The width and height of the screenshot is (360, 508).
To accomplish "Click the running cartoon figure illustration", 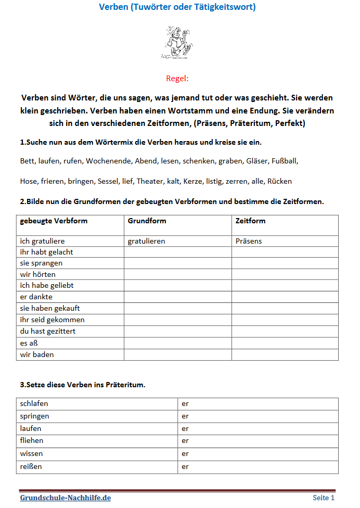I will pyautogui.click(x=177, y=42).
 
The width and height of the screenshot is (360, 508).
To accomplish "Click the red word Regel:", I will pyautogui.click(x=177, y=79).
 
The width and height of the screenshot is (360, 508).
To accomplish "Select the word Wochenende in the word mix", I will pyautogui.click(x=108, y=161).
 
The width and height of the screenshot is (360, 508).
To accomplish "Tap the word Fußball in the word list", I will pyautogui.click(x=285, y=161).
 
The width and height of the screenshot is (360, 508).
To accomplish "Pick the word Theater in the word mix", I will pyautogui.click(x=150, y=181).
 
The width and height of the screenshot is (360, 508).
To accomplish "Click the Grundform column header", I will pyautogui.click(x=147, y=221).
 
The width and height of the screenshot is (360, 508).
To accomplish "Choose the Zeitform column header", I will pyautogui.click(x=250, y=221).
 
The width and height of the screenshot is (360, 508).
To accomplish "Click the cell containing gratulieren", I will pyautogui.click(x=147, y=242).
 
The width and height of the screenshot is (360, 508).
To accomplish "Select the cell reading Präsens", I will pyautogui.click(x=249, y=242).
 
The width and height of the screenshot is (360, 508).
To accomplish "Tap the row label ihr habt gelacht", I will pyautogui.click(x=46, y=252).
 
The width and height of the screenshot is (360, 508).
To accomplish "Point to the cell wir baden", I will pyautogui.click(x=37, y=354).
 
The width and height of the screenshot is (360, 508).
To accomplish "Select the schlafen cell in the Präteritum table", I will pyautogui.click(x=34, y=403).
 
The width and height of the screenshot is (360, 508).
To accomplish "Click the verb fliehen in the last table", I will pyautogui.click(x=32, y=441).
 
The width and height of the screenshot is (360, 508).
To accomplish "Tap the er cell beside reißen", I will pyautogui.click(x=185, y=466).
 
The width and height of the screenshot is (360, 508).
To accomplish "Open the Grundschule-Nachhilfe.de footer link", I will pyautogui.click(x=66, y=498).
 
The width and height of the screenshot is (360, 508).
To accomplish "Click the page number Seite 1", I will pyautogui.click(x=324, y=498).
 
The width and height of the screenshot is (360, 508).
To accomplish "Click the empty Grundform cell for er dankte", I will pyautogui.click(x=177, y=297).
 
